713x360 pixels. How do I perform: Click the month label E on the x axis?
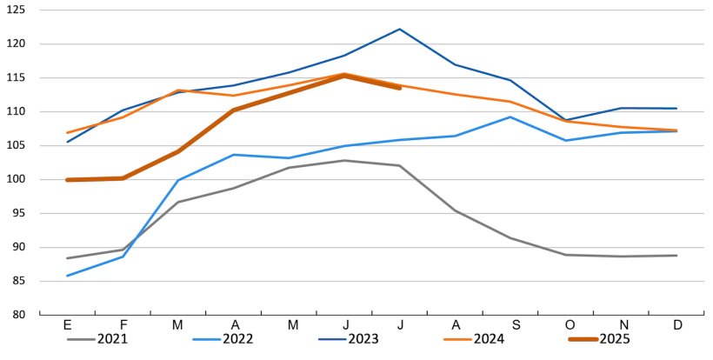coord(67,325)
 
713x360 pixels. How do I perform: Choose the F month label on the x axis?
coord(123,325)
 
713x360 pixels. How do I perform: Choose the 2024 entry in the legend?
coord(485,339)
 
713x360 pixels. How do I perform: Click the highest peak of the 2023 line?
coord(399,29)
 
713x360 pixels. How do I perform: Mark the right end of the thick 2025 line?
coord(399,88)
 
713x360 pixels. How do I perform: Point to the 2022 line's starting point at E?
coord(67,276)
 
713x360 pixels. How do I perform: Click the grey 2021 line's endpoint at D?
coord(676,256)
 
